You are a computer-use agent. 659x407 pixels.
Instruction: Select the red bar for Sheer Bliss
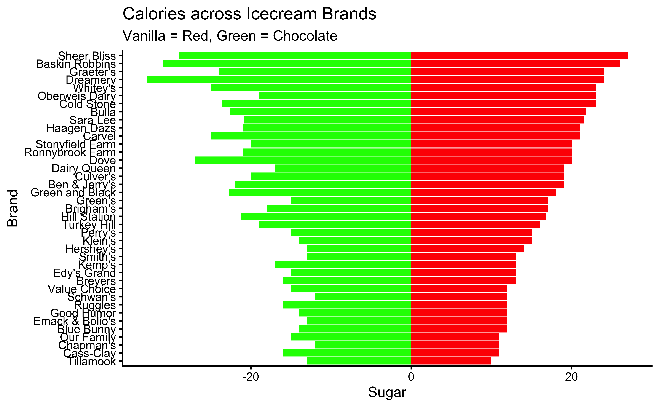pos(519,56)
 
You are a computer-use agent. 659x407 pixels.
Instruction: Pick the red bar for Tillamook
pos(451,361)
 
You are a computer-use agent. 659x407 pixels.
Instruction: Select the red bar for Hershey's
pos(467,248)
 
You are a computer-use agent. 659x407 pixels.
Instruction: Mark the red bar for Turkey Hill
pos(475,224)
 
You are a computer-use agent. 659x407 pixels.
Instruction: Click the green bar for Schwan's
pos(363,297)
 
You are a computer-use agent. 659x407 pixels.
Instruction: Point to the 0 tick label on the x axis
pos(411,377)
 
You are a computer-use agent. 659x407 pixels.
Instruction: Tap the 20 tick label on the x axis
pos(571,377)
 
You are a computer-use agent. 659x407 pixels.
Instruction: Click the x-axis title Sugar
pos(387,392)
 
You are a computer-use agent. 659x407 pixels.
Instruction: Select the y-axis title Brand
pos(13,208)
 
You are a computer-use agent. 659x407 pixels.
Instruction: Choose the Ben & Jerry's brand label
pos(82,184)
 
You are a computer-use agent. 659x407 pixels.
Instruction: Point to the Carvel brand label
pos(99,136)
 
